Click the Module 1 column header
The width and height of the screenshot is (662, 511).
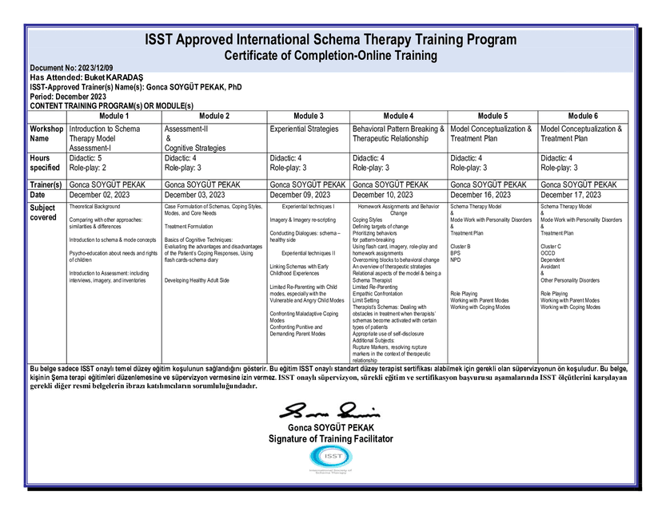click(x=114, y=116)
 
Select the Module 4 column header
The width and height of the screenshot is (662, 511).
click(x=398, y=116)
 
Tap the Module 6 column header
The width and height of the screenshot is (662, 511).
click(x=582, y=116)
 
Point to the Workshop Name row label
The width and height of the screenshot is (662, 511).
click(x=46, y=133)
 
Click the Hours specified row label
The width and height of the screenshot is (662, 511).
click(x=46, y=163)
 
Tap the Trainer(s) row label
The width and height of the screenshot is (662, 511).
click(x=46, y=184)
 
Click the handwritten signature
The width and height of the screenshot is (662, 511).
click(x=329, y=411)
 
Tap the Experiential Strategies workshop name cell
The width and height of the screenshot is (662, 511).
click(x=304, y=129)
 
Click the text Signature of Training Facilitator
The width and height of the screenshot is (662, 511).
click(x=331, y=439)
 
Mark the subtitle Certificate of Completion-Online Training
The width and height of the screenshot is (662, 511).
click(x=330, y=56)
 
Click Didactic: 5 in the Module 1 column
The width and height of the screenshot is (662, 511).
click(x=86, y=158)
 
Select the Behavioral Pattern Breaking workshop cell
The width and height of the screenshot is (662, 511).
click(x=398, y=133)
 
